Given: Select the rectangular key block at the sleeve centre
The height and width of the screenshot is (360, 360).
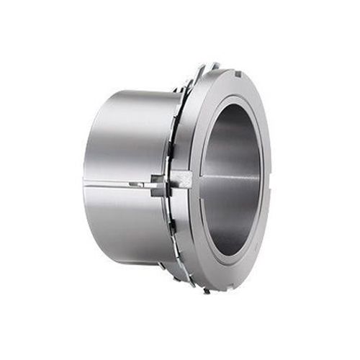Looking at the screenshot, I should tap(179, 180).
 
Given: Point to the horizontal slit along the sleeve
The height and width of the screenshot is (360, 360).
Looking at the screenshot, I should tap(119, 183).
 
